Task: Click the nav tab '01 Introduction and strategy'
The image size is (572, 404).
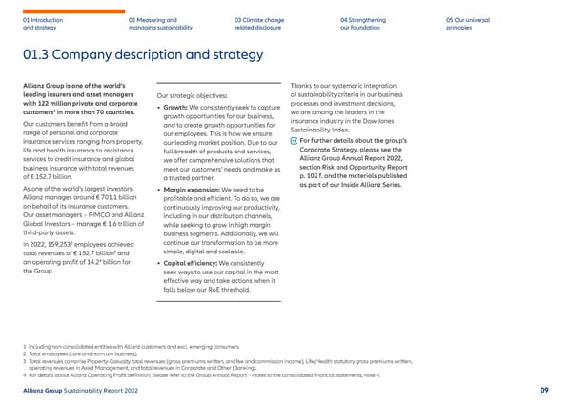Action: pos(44,23)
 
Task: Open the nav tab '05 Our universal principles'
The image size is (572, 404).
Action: pos(466,23)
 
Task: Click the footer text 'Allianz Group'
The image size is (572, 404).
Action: pos(41,389)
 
